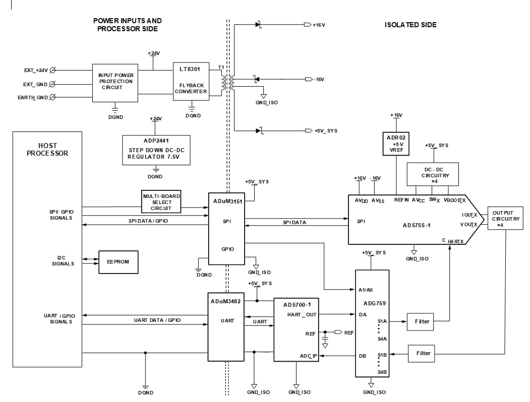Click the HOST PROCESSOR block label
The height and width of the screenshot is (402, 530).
(x=47, y=149)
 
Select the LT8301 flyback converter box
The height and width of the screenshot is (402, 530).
(x=191, y=81)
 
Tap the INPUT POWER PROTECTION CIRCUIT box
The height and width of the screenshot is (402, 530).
(x=115, y=81)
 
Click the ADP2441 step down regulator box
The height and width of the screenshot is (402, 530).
(x=156, y=150)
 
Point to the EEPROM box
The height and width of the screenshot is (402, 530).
(x=119, y=262)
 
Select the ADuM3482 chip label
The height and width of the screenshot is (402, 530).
(x=226, y=301)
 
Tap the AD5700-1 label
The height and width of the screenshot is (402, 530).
(x=296, y=305)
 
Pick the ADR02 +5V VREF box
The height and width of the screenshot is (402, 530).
(x=396, y=144)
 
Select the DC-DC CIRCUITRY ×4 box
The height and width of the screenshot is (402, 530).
(x=433, y=174)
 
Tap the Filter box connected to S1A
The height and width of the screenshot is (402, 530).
(x=422, y=321)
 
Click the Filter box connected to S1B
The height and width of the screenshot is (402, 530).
(x=423, y=353)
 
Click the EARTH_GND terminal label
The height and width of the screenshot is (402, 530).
(x=35, y=97)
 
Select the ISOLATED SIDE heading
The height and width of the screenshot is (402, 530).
(x=410, y=25)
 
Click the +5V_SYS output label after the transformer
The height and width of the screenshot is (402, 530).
(x=326, y=130)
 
